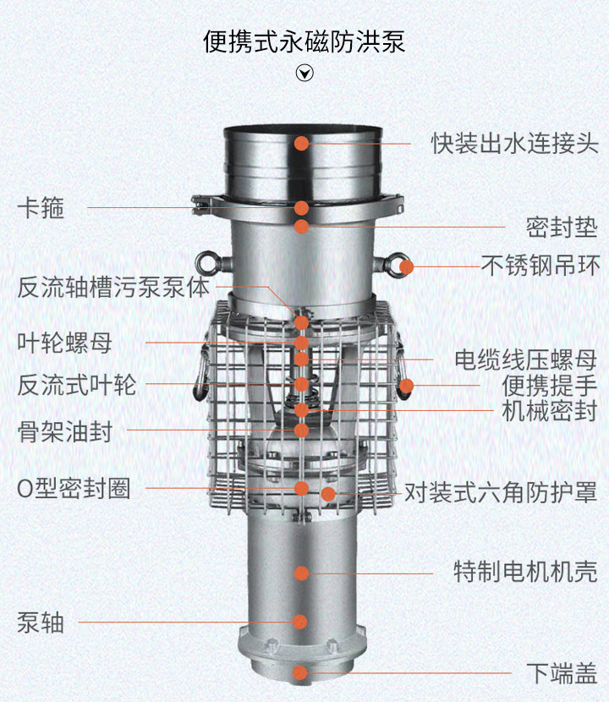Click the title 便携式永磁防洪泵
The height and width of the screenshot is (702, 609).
(x=304, y=41)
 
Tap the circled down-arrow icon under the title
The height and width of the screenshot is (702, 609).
(x=304, y=73)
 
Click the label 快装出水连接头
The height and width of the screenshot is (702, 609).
(x=514, y=144)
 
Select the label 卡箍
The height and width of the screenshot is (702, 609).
(x=41, y=208)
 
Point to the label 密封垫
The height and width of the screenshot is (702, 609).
(x=562, y=228)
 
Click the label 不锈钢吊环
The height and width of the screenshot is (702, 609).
(x=540, y=266)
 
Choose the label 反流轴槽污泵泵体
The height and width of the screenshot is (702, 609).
(x=113, y=287)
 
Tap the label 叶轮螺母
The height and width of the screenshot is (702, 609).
(x=64, y=343)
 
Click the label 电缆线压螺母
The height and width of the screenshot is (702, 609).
(x=526, y=360)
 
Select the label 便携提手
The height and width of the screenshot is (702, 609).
(x=550, y=386)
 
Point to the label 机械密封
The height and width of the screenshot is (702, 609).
(x=550, y=411)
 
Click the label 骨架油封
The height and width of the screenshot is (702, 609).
(x=64, y=431)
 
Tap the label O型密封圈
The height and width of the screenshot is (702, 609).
(x=74, y=489)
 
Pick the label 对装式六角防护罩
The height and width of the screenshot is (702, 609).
(x=501, y=492)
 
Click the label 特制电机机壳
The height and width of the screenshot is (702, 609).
(x=526, y=572)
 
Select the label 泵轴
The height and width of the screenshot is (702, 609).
(x=41, y=622)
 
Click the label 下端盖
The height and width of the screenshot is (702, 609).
(x=562, y=673)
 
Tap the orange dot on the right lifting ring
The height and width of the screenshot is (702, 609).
(x=406, y=266)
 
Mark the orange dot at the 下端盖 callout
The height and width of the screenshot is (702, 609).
(x=300, y=672)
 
